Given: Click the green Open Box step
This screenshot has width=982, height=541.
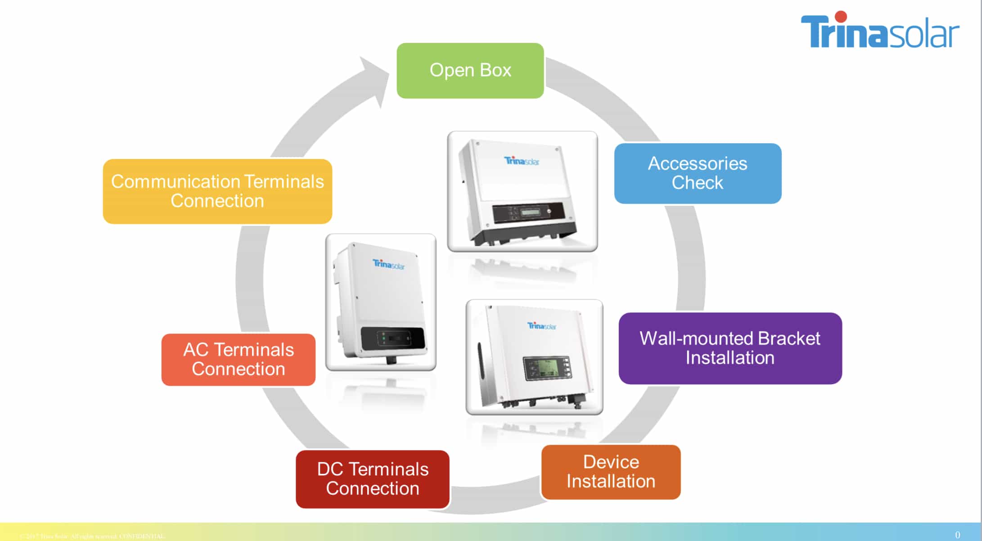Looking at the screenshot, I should click(470, 71).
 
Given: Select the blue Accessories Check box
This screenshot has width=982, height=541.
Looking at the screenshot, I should click(697, 173).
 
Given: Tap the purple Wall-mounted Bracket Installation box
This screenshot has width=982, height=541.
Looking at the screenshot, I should click(730, 348).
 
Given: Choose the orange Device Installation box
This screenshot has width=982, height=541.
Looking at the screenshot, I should click(610, 472).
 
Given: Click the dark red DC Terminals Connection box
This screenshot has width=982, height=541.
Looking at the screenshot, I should click(372, 479).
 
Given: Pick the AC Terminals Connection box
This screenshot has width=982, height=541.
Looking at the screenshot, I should click(238, 359).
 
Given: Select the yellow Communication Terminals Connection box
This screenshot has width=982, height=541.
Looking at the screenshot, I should click(217, 191).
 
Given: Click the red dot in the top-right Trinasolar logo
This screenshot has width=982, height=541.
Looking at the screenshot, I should click(840, 17).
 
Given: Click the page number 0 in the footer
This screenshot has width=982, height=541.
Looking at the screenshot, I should click(957, 535).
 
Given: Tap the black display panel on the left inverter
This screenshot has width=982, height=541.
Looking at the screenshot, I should click(392, 338).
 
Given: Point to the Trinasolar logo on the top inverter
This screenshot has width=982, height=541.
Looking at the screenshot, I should click(521, 161).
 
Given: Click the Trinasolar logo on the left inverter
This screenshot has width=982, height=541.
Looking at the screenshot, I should click(388, 264).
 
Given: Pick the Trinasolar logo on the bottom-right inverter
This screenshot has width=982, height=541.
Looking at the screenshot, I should click(541, 325).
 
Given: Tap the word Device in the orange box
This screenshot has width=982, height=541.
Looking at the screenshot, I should click(611, 462).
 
